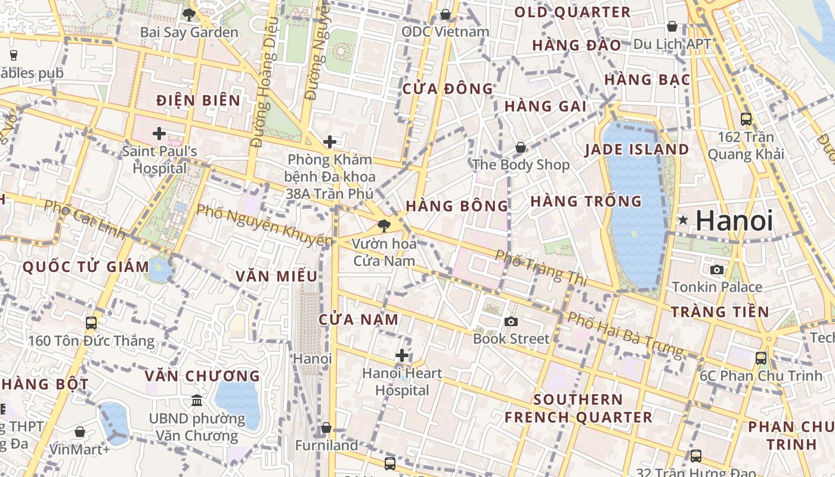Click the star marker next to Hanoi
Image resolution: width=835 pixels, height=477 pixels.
coord(683,221)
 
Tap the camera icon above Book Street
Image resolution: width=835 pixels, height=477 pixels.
coord(511,322)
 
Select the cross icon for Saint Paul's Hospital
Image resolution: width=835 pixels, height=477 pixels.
coord(159,134)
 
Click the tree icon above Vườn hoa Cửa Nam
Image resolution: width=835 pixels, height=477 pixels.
coord(384,226)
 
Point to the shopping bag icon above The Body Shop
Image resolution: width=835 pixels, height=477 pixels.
coord(521,147)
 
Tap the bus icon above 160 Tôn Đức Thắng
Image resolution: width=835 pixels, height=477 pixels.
coord(91,323)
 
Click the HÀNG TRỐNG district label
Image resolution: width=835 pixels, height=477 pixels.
coord(586,202)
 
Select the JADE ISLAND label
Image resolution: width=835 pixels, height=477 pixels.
coord(637,150)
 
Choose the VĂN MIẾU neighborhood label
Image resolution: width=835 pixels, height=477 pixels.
coord(277,277)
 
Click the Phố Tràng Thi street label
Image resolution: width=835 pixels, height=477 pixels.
coord(541,267)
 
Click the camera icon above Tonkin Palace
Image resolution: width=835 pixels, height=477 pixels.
coord(717,270)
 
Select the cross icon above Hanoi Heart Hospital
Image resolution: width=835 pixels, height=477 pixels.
coord(402,356)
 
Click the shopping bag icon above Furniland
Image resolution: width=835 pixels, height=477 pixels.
coord(326,428)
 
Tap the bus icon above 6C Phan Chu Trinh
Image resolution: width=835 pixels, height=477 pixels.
coord(761,358)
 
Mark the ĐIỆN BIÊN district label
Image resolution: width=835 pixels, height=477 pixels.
coord(199,101)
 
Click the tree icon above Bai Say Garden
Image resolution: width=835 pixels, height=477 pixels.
coord(189,15)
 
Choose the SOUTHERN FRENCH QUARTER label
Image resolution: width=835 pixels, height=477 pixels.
coord(579,408)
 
